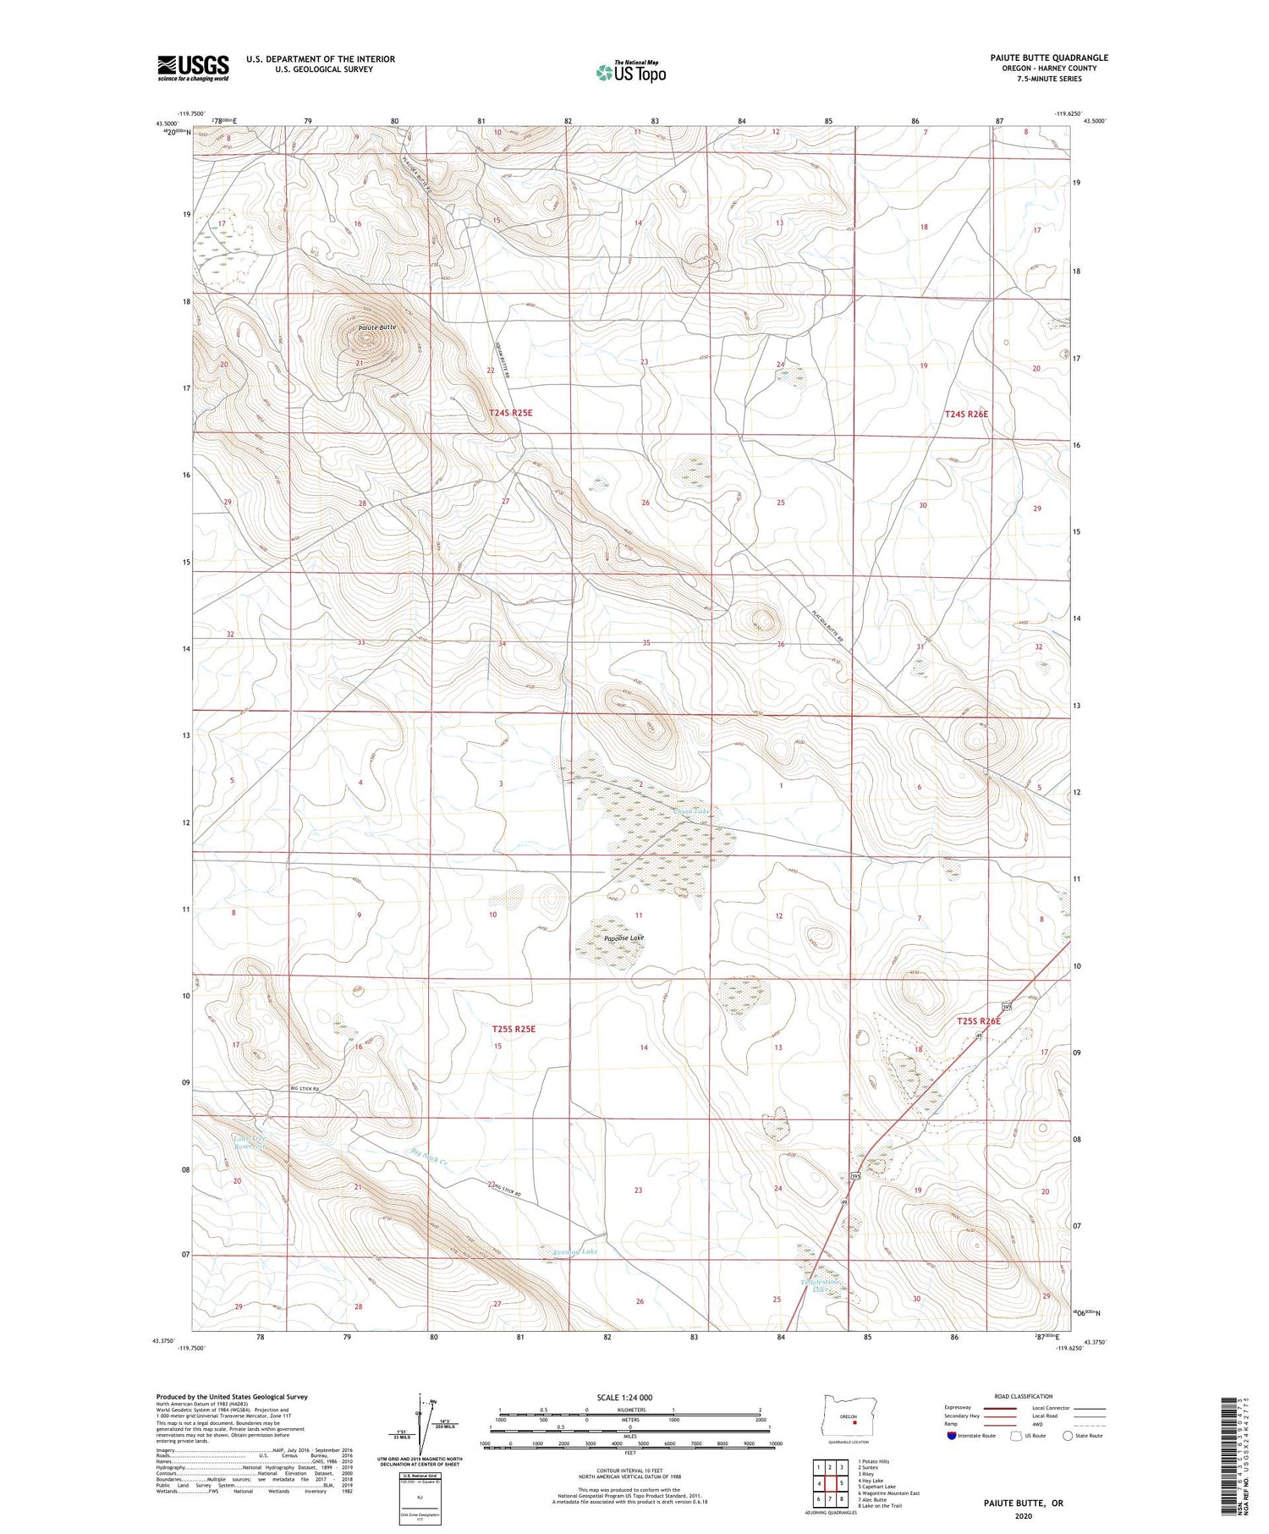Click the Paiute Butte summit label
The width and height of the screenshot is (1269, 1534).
pos(376,327)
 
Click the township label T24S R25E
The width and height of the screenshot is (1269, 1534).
pos(511,412)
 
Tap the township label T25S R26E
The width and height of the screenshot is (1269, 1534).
pos(978,1021)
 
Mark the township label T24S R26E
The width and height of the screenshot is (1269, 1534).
pos(966,414)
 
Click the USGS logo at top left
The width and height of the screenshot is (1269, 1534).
pos(193,68)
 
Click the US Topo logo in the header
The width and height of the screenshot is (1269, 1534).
pos(630,72)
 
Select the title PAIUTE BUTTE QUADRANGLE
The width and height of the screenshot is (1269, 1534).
pos(1049,58)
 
